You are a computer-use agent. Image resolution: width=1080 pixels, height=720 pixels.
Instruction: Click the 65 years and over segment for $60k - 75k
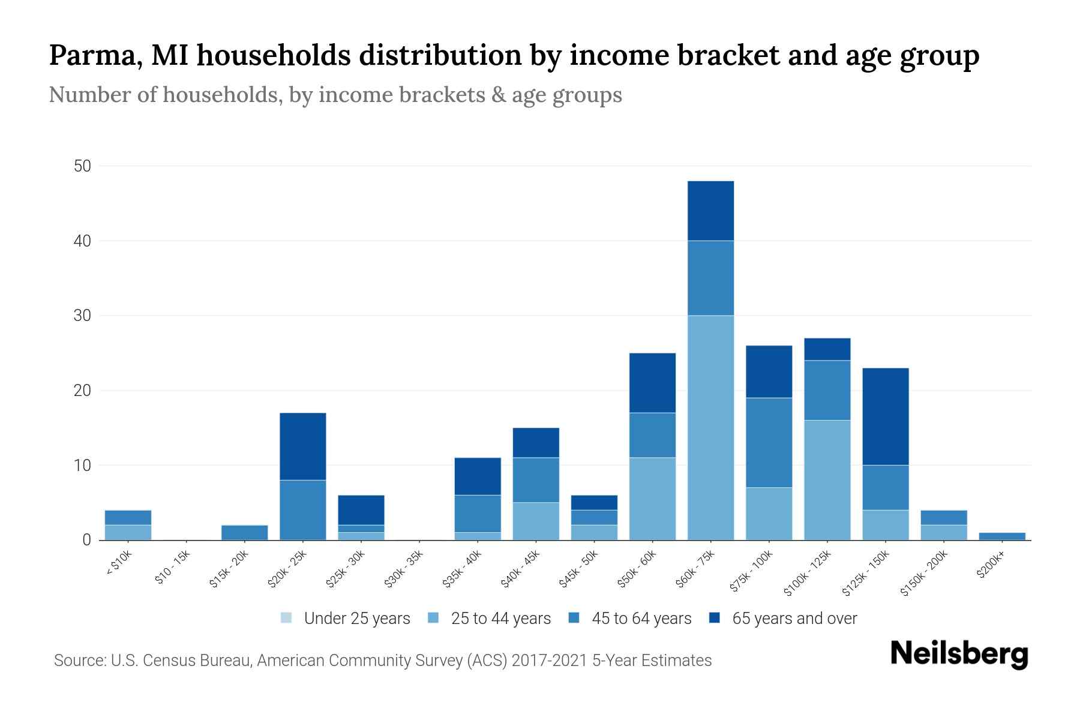pyautogui.click(x=710, y=211)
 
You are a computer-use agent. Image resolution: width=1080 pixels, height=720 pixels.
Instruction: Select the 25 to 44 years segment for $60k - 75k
pyautogui.click(x=710, y=427)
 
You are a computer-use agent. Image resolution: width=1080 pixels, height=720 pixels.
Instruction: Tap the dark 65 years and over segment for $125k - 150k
pyautogui.click(x=885, y=416)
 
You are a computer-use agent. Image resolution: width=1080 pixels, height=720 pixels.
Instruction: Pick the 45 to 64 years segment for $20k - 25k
pyautogui.click(x=303, y=509)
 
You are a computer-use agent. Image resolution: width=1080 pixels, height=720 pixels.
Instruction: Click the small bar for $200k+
pyautogui.click(x=1001, y=536)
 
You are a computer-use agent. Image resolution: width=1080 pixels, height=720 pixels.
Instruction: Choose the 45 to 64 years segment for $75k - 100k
pyautogui.click(x=769, y=442)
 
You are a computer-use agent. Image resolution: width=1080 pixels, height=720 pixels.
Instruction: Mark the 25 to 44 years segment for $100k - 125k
pyautogui.click(x=827, y=479)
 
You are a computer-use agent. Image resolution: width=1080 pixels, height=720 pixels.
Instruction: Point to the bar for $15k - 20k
pyautogui.click(x=245, y=532)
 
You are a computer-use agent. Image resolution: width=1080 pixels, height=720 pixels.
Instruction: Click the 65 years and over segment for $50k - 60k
pyautogui.click(x=652, y=383)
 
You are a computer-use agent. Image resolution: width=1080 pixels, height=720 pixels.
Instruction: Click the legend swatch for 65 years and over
pyautogui.click(x=715, y=618)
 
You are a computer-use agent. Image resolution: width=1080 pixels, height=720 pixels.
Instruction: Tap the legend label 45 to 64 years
pyautogui.click(x=641, y=619)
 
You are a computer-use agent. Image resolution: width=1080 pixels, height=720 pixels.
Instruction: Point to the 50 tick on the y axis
pyautogui.click(x=82, y=166)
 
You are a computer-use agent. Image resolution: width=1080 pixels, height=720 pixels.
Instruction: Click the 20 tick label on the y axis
pyautogui.click(x=82, y=391)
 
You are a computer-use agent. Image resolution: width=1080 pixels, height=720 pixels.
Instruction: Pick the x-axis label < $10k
pyautogui.click(x=118, y=563)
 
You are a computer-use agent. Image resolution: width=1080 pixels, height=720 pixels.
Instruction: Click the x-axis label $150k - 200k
pyautogui.click(x=923, y=573)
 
